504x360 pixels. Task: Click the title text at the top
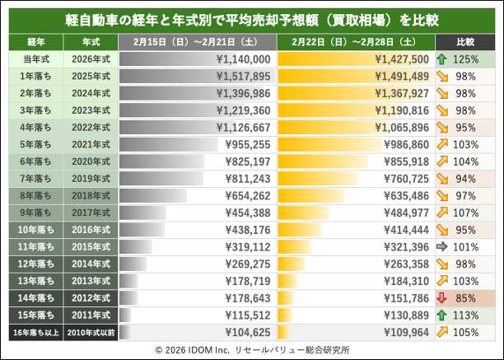(x=252, y=18)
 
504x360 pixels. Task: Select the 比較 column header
(x=466, y=40)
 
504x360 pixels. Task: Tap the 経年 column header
(x=35, y=40)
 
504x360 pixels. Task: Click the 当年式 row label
(x=35, y=59)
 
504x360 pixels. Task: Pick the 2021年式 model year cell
(x=91, y=143)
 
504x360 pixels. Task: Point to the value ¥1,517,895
(x=242, y=76)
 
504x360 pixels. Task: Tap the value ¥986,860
(x=405, y=143)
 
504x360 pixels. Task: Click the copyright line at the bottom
(x=252, y=349)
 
